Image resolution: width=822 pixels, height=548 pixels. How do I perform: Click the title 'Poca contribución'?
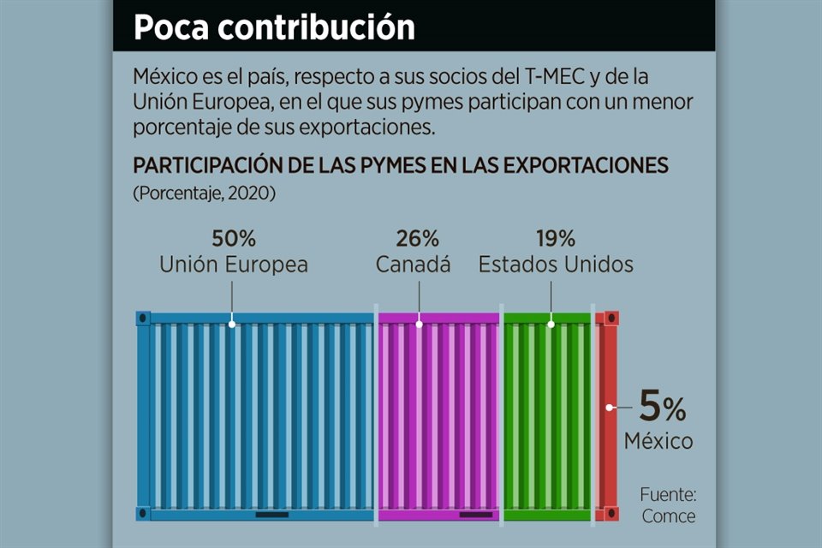click(x=274, y=27)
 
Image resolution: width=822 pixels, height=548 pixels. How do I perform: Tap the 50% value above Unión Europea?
click(x=234, y=238)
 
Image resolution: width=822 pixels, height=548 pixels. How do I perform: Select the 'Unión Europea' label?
click(x=234, y=265)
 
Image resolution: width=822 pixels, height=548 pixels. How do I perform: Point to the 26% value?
click(x=418, y=238)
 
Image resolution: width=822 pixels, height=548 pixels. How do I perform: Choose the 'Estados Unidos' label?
click(x=556, y=265)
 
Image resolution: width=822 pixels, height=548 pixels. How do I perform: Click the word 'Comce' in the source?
click(x=668, y=516)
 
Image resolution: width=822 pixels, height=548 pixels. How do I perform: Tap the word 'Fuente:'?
click(x=668, y=495)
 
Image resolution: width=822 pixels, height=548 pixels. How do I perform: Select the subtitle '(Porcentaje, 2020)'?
click(x=204, y=194)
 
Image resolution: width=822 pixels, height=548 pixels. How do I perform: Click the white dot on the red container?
click(x=608, y=408)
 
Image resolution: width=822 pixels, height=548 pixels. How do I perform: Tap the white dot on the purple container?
click(x=419, y=325)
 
